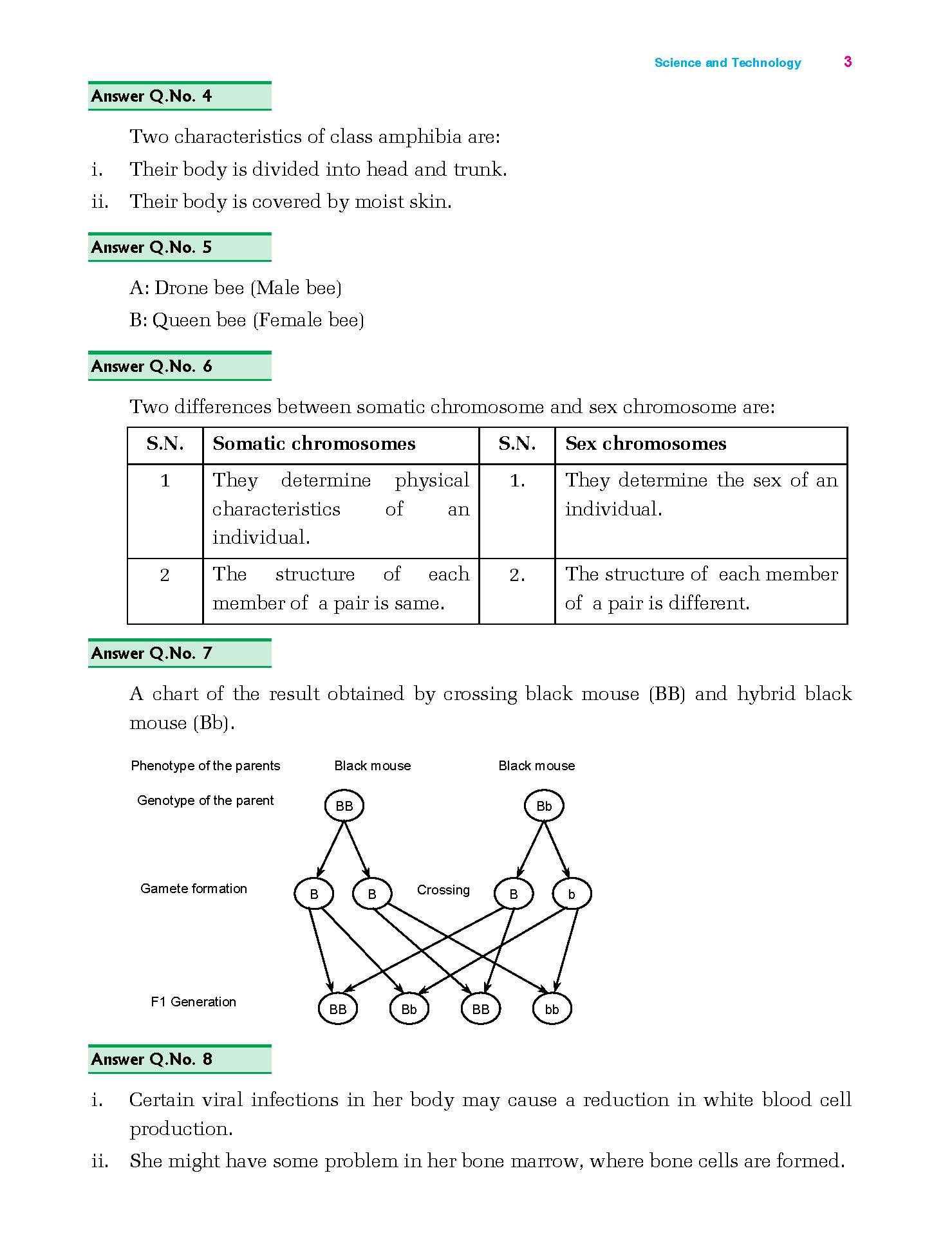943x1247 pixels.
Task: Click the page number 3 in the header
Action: [x=848, y=62]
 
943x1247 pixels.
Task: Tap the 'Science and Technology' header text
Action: [x=727, y=62]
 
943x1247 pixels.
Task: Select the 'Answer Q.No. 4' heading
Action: [x=152, y=97]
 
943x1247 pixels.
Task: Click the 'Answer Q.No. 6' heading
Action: [x=152, y=367]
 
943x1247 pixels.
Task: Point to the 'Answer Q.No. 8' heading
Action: [x=152, y=1059]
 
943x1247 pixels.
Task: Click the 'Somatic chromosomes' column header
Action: [x=314, y=444]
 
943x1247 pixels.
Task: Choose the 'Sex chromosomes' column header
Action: [x=646, y=444]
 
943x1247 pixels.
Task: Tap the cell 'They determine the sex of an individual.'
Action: [x=700, y=494]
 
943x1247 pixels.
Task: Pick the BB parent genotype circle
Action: [x=344, y=806]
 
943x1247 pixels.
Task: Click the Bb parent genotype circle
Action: [x=544, y=806]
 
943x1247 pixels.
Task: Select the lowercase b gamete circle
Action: [x=572, y=894]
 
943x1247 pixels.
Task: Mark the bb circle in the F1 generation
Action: [x=552, y=1009]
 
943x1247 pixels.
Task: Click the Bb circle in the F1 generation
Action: [x=409, y=1009]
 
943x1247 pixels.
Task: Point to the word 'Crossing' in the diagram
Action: [x=443, y=890]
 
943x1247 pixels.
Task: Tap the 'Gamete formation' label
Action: [x=194, y=889]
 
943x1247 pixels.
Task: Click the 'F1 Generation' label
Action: [x=193, y=1002]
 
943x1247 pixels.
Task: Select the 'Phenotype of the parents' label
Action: [x=205, y=766]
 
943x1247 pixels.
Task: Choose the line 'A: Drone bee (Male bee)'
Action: [x=236, y=288]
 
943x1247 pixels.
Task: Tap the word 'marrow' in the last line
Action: [x=546, y=1161]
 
